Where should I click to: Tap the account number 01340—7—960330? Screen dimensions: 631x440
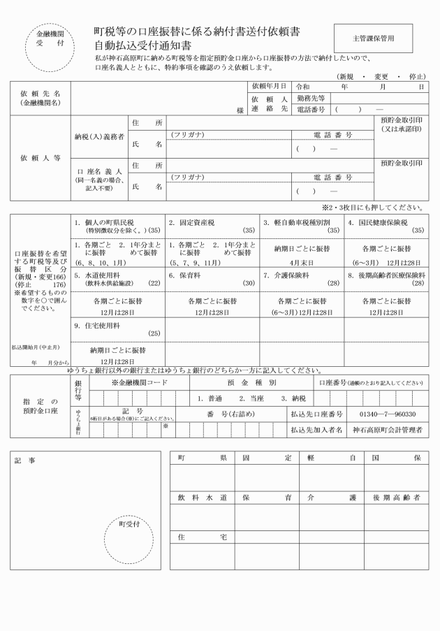click(x=386, y=414)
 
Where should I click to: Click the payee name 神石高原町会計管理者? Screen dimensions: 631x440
click(x=386, y=430)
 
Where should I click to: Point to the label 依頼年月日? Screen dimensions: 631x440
click(x=270, y=86)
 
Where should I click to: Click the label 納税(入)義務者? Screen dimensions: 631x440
click(x=100, y=137)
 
